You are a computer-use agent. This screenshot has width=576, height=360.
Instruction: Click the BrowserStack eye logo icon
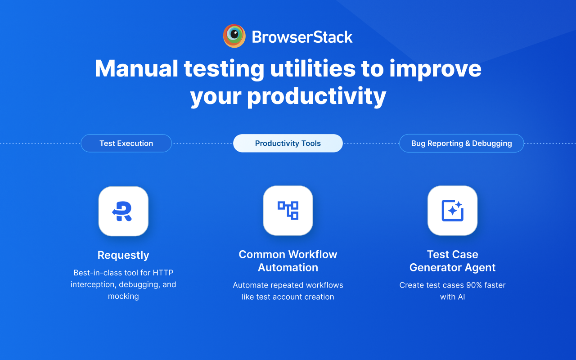tap(234, 36)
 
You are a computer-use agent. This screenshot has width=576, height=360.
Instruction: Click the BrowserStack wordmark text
tap(302, 37)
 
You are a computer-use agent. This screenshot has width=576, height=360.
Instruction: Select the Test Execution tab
tap(126, 144)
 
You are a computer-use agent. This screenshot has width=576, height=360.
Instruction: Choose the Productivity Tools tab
tap(288, 144)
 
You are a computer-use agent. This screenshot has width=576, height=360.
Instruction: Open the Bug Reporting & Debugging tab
tap(461, 144)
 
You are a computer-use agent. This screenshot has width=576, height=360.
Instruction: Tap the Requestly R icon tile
tap(123, 211)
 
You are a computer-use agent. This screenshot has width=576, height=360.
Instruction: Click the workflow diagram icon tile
tap(288, 211)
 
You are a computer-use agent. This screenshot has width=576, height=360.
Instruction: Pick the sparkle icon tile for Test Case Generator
tap(452, 211)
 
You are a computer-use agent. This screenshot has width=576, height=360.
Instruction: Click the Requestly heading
tap(123, 255)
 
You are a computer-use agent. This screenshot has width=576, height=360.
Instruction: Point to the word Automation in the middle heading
tap(288, 268)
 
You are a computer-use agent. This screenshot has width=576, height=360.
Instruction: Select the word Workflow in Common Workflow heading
tap(313, 255)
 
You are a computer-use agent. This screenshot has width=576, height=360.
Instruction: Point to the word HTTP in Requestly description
tap(163, 273)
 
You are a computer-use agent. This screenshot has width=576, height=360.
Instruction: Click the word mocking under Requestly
tap(123, 297)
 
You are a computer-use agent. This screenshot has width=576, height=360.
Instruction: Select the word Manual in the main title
tap(136, 68)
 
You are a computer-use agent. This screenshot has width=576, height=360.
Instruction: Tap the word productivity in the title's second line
tap(316, 96)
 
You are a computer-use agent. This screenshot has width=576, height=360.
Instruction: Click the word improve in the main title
tap(435, 68)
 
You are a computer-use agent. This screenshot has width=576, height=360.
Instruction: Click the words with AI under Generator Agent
tap(452, 297)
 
